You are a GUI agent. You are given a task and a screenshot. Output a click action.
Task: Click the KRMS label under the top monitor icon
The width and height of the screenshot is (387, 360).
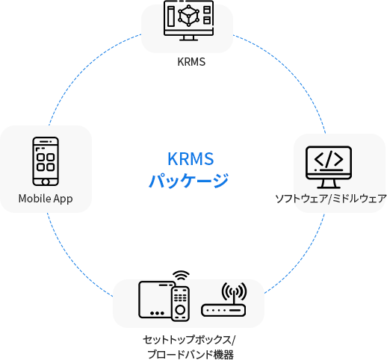(x=191, y=62)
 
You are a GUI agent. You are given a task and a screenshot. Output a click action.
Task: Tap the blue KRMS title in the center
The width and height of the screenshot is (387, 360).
(x=191, y=158)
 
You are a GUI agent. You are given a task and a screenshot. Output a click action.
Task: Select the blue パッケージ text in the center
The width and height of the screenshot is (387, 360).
(x=188, y=181)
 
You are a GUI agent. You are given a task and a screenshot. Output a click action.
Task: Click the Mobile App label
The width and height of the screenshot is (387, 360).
(x=46, y=199)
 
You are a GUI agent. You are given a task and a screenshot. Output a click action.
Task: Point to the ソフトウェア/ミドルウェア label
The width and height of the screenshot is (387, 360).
(x=331, y=199)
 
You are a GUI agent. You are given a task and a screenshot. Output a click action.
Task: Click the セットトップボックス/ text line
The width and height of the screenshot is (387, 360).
(x=189, y=340)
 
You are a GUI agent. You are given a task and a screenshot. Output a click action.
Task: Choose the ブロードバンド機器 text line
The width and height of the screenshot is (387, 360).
(x=191, y=354)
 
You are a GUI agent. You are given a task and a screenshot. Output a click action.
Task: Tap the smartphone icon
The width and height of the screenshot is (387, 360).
(x=46, y=161)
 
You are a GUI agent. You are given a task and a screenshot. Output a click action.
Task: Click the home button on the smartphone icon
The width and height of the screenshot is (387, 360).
(x=46, y=182)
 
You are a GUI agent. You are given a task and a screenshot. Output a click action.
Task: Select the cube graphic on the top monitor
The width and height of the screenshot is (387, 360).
(x=188, y=16)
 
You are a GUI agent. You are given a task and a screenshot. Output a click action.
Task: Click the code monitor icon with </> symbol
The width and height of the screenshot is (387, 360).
(x=329, y=167)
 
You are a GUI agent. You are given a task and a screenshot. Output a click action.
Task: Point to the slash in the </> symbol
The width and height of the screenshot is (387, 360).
(x=329, y=159)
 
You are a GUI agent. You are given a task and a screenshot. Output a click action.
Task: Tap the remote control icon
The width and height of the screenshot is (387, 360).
(x=180, y=304)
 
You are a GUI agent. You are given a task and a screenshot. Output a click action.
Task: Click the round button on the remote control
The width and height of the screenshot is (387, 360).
(x=180, y=310)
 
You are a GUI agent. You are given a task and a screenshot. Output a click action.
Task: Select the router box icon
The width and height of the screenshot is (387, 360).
(x=223, y=311)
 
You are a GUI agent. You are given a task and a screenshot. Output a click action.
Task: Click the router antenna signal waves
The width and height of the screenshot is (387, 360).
(x=234, y=291)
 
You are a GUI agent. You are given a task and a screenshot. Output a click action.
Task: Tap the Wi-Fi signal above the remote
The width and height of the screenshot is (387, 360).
(x=181, y=276)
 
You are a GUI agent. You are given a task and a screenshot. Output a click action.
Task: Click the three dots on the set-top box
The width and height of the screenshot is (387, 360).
(x=157, y=313)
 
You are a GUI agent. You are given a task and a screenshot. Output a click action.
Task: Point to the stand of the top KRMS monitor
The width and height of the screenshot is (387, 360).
(x=188, y=38)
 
